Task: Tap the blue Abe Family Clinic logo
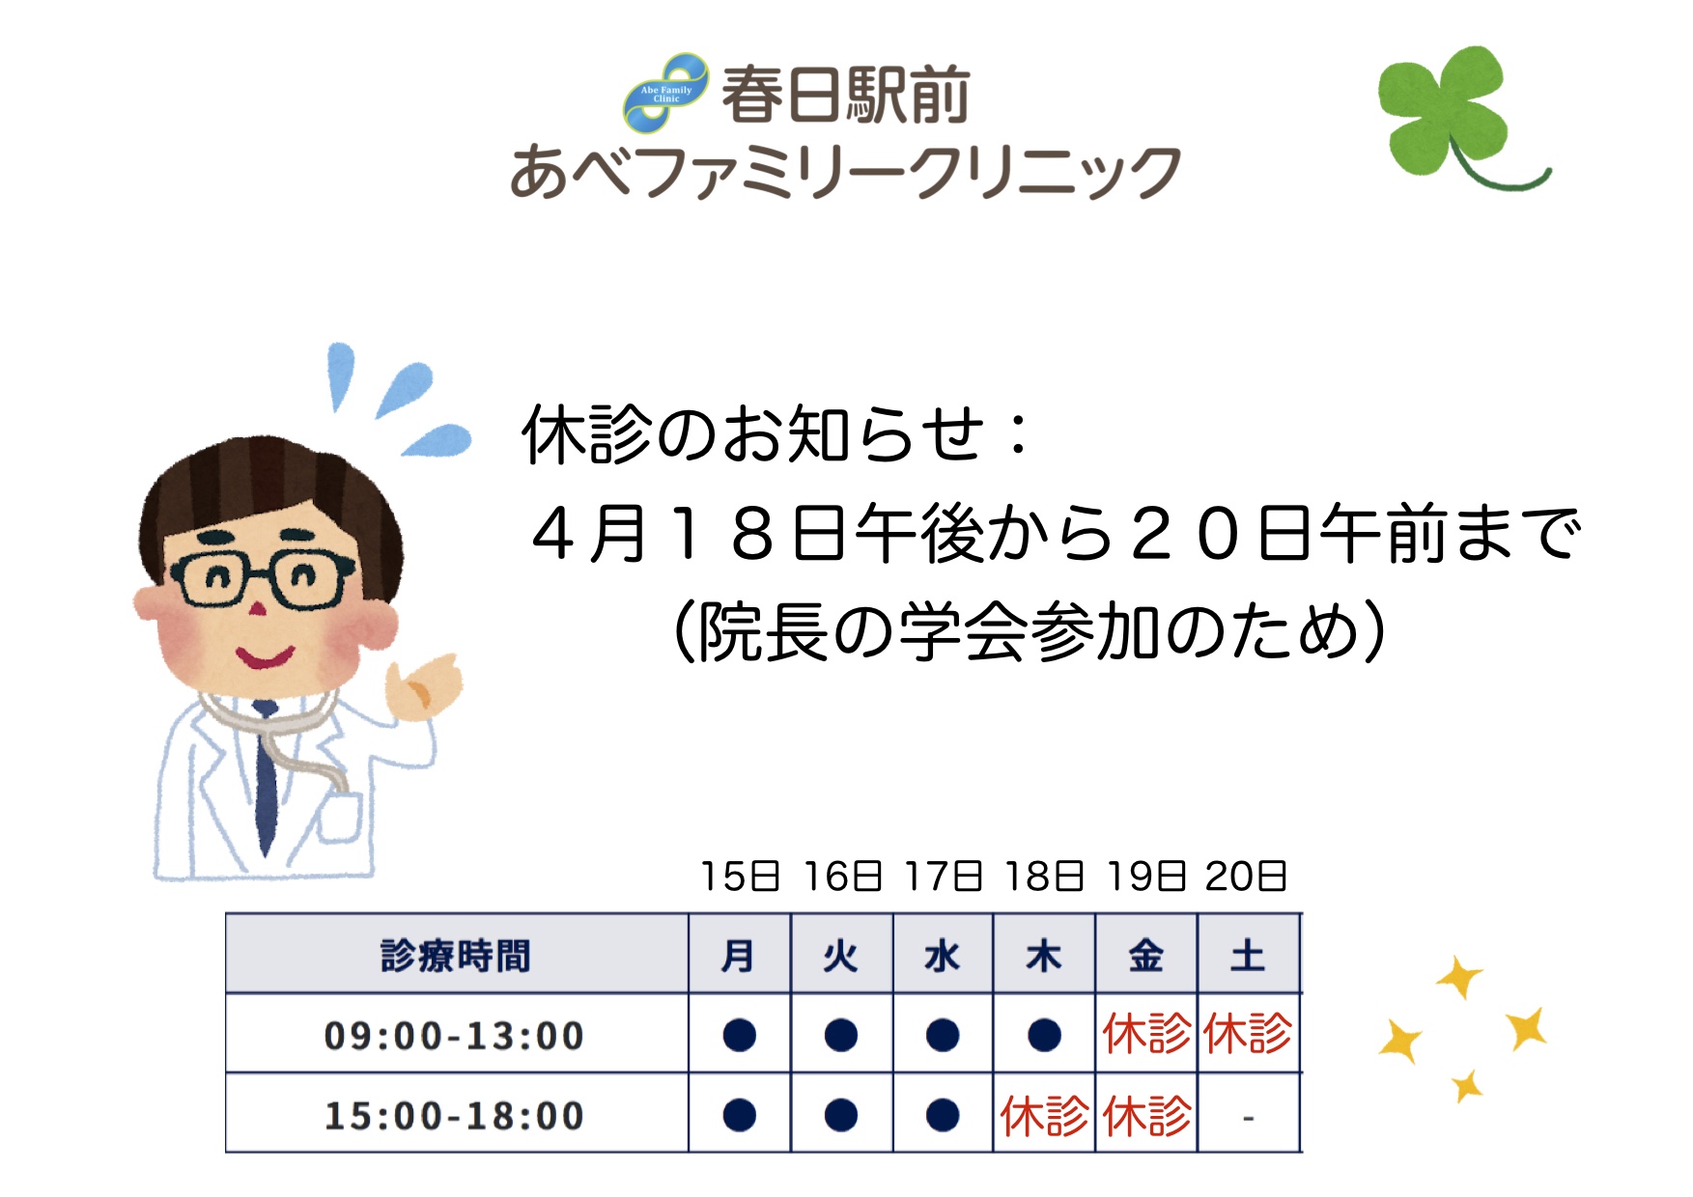pos(665,93)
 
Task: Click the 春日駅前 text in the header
pos(845,95)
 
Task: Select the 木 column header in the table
pos(1044,956)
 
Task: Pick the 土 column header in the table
pos(1248,956)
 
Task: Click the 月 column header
pos(739,956)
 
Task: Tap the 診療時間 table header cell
pos(456,956)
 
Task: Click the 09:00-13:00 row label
pos(454,1036)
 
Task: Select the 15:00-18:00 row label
pos(454,1116)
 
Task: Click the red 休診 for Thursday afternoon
pos(1044,1116)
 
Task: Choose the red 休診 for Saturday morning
pos(1248,1034)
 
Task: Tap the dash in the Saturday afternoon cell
pos(1248,1118)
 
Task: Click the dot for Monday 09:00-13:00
pos(739,1035)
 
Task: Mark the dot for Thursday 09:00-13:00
pos(1044,1035)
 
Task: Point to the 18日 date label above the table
pos(1044,877)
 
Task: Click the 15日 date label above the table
pos(740,877)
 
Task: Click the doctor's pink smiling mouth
pos(265,658)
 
